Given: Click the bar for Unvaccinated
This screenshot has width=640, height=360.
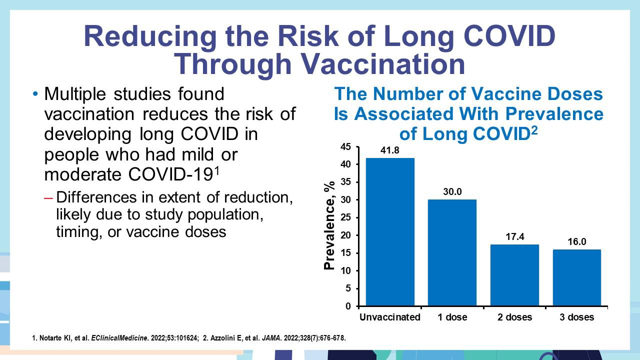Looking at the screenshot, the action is click(390, 232).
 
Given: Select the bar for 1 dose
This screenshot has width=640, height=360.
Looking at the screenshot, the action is click(452, 252).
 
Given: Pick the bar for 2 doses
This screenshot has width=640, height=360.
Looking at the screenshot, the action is click(514, 275).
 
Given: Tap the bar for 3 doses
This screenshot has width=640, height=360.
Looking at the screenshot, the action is click(577, 277).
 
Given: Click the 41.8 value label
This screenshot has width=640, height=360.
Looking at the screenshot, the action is click(390, 150).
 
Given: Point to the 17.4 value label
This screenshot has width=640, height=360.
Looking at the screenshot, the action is click(515, 237).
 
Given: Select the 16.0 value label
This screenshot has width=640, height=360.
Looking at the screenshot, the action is click(577, 242).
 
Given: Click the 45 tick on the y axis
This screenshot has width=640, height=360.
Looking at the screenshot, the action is click(345, 147).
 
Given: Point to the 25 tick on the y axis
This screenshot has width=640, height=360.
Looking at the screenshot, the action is click(345, 217).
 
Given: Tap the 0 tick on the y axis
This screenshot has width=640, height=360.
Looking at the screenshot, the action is click(348, 306).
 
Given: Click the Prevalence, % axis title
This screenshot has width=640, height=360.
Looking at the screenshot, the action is click(329, 225).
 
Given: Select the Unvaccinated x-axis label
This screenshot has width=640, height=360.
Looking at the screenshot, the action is click(389, 317).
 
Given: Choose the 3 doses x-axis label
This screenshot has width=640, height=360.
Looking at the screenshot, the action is click(577, 317).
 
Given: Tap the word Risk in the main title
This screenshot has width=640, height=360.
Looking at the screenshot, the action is click(308, 36).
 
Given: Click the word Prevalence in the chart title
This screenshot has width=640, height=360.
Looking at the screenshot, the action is click(554, 113).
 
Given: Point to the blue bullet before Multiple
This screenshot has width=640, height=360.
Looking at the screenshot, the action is click(35, 94).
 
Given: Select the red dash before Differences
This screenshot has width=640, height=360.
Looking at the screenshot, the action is click(48, 198).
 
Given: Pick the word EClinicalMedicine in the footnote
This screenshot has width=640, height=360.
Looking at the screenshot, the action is click(119, 338).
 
